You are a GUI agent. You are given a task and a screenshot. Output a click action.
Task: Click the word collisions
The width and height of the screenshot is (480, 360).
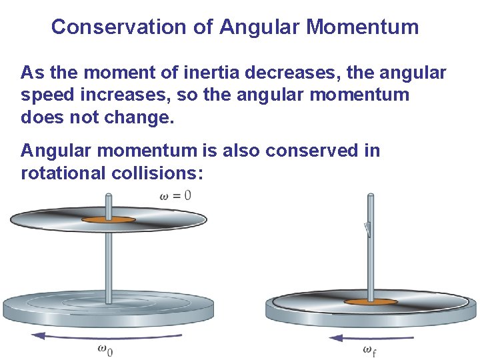pos(163,173)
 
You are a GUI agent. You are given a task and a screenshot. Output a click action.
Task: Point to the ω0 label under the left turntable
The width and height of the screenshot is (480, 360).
pos(105,349)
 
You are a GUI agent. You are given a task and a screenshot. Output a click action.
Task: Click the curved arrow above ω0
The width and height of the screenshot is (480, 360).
pos(107,336)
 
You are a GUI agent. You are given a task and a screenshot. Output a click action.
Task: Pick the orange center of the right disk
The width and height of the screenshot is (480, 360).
pos(371,302)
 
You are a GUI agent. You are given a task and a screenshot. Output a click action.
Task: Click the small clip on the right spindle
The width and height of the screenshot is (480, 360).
pos(367,229)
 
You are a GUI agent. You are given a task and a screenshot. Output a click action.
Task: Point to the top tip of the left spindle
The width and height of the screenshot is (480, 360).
pos(109,195)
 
